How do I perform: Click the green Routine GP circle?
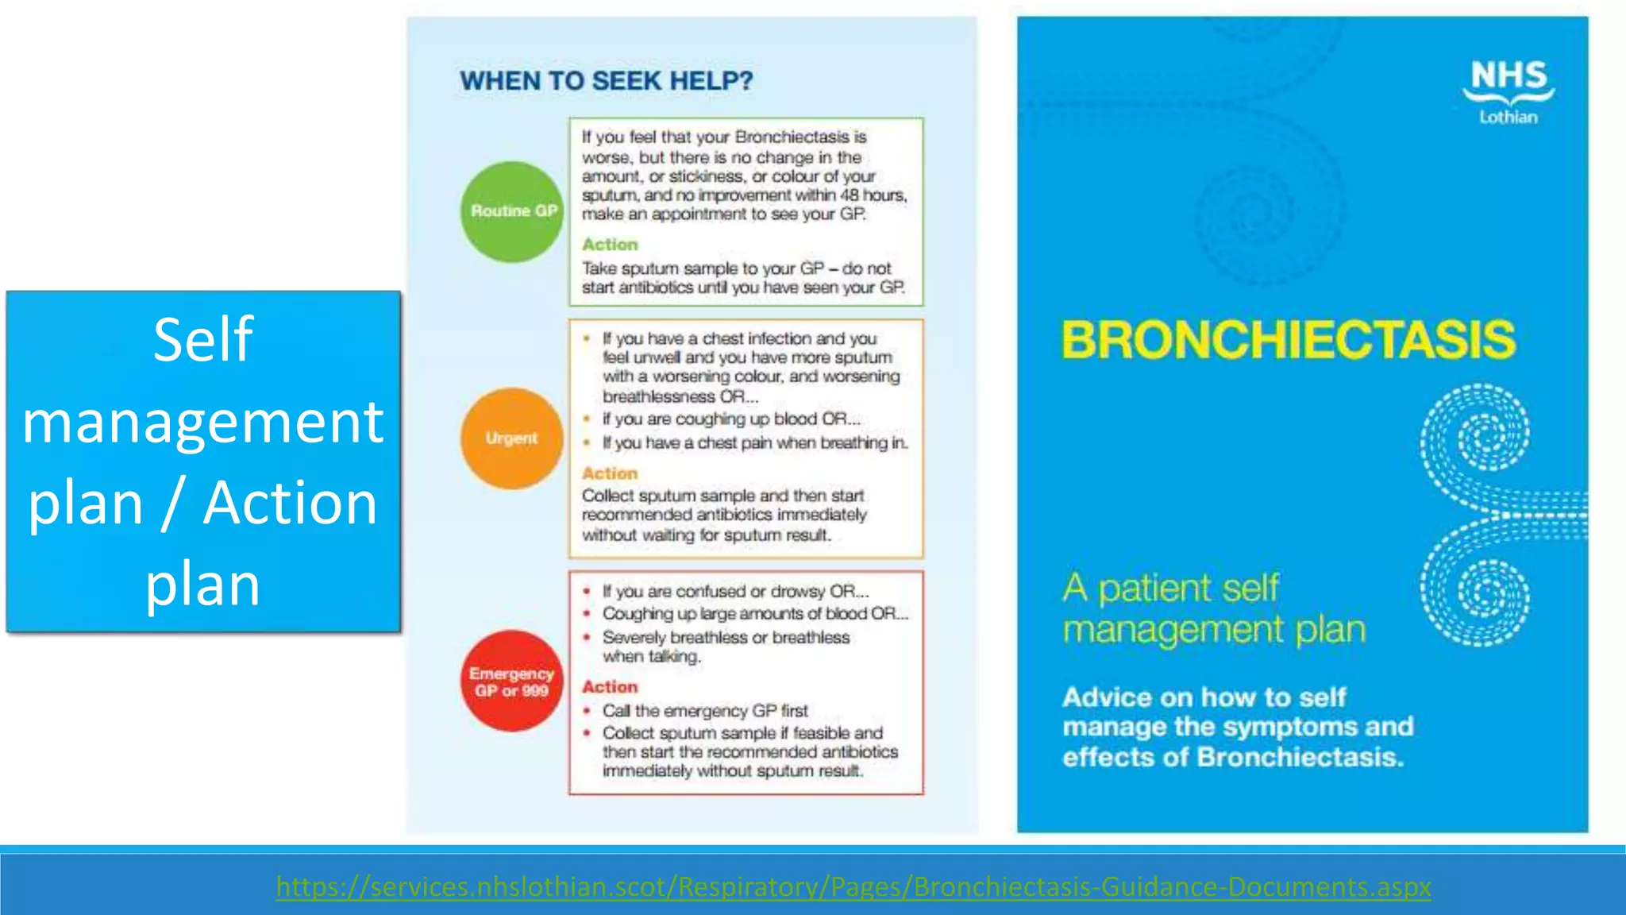pyautogui.click(x=512, y=211)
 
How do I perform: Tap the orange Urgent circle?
pyautogui.click(x=512, y=438)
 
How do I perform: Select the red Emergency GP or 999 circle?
pyautogui.click(x=512, y=681)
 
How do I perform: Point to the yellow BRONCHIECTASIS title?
pyautogui.click(x=1288, y=340)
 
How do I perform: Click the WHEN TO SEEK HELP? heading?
pyautogui.click(x=606, y=81)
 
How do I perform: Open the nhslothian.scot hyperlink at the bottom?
pyautogui.click(x=853, y=886)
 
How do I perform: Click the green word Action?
pyautogui.click(x=610, y=245)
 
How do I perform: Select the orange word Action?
pyautogui.click(x=610, y=473)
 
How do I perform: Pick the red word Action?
pyautogui.click(x=610, y=687)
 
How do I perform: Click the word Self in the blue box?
pyautogui.click(x=203, y=340)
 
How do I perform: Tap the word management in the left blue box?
pyautogui.click(x=203, y=422)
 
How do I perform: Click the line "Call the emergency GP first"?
pyautogui.click(x=704, y=711)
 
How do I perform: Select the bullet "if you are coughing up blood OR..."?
pyautogui.click(x=730, y=419)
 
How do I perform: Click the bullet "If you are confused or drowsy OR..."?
pyautogui.click(x=735, y=592)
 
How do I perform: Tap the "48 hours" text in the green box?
pyautogui.click(x=873, y=195)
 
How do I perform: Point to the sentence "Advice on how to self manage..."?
pyautogui.click(x=1237, y=727)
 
